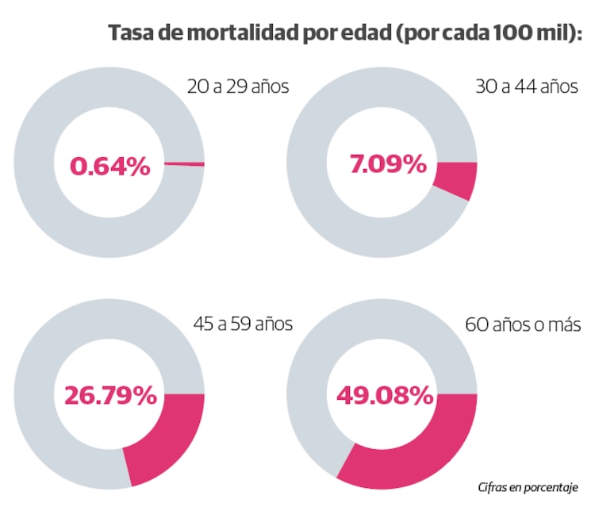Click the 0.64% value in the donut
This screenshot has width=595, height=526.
pyautogui.click(x=109, y=167)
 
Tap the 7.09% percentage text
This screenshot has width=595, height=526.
pyautogui.click(x=388, y=165)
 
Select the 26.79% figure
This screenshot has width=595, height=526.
pyautogui.click(x=109, y=396)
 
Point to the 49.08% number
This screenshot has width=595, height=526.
pyautogui.click(x=385, y=395)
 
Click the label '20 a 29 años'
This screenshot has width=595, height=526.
pyautogui.click(x=238, y=86)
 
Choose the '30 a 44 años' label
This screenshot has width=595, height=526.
pyautogui.click(x=527, y=86)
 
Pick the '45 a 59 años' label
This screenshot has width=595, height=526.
pyautogui.click(x=243, y=324)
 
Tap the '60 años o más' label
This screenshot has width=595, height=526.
pyautogui.click(x=524, y=324)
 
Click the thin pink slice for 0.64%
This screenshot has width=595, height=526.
pyautogui.click(x=184, y=164)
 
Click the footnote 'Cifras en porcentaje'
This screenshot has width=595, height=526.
pyautogui.click(x=528, y=486)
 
